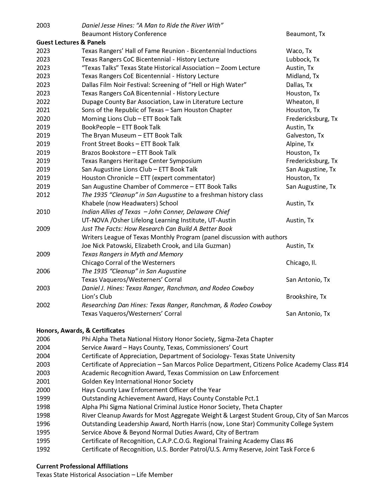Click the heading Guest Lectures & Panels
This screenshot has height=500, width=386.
(x=71, y=42)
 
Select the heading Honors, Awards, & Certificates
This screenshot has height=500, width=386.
(x=81, y=330)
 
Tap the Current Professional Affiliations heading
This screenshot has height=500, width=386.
(x=82, y=466)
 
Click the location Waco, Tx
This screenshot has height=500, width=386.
(x=299, y=51)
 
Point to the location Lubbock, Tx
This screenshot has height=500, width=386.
(x=302, y=59)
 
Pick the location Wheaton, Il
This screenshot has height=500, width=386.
(x=302, y=102)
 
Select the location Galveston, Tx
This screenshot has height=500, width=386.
(x=305, y=135)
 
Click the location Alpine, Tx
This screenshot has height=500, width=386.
(x=300, y=144)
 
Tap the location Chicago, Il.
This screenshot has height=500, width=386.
(x=301, y=263)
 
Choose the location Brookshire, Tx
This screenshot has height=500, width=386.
(x=306, y=297)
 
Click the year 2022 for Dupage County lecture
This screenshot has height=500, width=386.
(x=43, y=102)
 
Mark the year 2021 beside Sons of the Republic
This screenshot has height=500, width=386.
(x=43, y=110)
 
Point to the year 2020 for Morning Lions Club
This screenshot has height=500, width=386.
(x=43, y=119)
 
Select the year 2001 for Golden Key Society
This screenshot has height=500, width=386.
(x=43, y=382)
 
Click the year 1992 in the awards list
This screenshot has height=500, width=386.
(x=43, y=449)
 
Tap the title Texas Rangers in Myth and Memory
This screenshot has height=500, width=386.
(x=132, y=254)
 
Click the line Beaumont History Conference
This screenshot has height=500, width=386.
(x=124, y=34)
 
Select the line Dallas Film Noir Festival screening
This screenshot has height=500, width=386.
(x=164, y=85)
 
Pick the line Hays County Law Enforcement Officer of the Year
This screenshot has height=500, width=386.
(x=151, y=390)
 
